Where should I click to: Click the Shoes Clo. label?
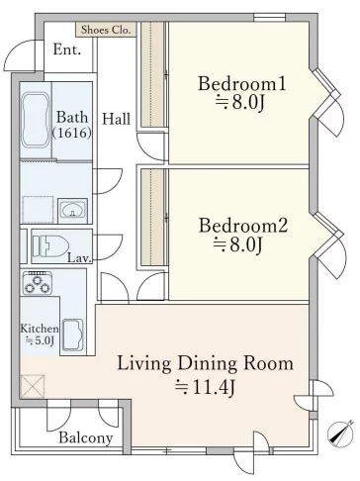pos(106,30)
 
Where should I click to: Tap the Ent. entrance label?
pos(67,49)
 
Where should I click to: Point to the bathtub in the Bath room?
pos(36,120)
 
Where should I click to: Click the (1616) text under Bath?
pos(72,133)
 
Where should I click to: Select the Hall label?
pos(116,119)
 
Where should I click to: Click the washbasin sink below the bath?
pos(72,210)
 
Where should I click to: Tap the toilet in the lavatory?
pos(50,246)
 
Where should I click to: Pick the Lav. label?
pos(79,258)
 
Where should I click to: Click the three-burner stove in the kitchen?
pos(37,282)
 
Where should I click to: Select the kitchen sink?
pos(73,335)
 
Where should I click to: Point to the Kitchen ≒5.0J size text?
pos(40,335)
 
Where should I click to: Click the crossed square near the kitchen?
pos(33,386)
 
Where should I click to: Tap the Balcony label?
pos(86,437)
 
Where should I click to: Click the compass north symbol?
pos(340,433)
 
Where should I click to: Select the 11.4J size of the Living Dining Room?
pos(205,387)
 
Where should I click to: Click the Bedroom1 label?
pos(242,83)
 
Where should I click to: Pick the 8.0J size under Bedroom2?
pos(238,244)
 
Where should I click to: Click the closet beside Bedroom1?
pos(152,74)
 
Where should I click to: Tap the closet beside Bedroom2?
pos(152,217)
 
